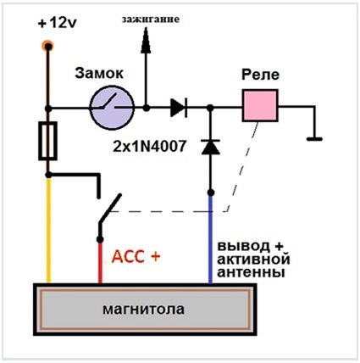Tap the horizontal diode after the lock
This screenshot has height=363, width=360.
click(178, 107)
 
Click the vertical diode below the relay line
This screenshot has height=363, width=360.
click(209, 146)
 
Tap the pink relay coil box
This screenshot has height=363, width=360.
click(259, 107)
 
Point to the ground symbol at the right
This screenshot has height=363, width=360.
click(315, 136)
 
